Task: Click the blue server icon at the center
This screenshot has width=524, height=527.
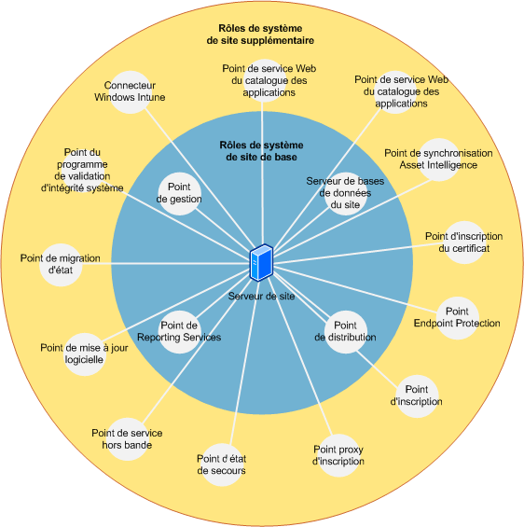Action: click(261, 262)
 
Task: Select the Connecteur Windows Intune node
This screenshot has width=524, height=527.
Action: click(130, 91)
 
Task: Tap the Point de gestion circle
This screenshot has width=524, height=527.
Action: click(179, 194)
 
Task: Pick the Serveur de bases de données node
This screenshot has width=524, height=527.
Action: click(345, 194)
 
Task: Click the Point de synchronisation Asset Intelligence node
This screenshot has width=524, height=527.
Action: click(439, 159)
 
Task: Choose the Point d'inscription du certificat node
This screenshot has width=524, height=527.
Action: click(464, 243)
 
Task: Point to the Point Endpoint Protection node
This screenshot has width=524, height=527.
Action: click(457, 318)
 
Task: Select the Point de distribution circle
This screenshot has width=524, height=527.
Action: click(345, 332)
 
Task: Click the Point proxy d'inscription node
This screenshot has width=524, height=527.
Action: click(338, 455)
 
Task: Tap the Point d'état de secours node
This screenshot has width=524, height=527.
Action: click(222, 465)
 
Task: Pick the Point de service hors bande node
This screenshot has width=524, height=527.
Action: click(128, 439)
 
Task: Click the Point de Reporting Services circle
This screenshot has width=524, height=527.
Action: click(179, 332)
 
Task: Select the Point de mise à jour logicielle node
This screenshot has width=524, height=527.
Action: click(84, 354)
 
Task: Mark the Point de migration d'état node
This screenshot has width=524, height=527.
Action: click(61, 265)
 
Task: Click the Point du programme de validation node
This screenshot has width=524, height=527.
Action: click(82, 170)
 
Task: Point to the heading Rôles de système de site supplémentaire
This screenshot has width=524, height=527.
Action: click(260, 35)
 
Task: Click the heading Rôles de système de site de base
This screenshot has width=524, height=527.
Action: click(261, 151)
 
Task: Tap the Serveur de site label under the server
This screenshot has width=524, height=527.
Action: click(261, 296)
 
